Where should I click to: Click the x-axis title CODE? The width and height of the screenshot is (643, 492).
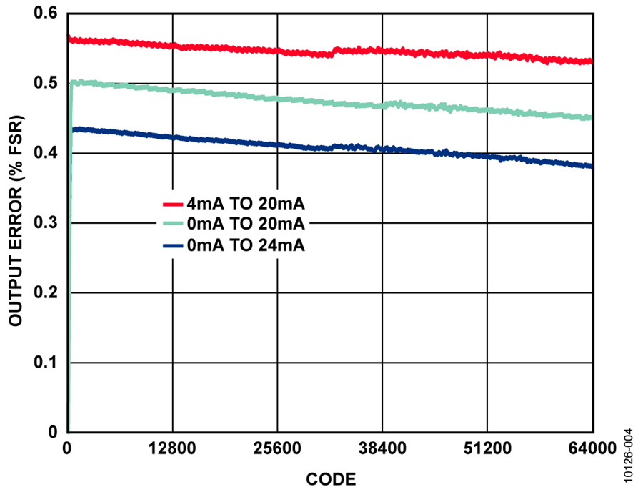tap(331, 477)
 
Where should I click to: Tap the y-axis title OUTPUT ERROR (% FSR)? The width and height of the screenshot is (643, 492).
tap(16, 223)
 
